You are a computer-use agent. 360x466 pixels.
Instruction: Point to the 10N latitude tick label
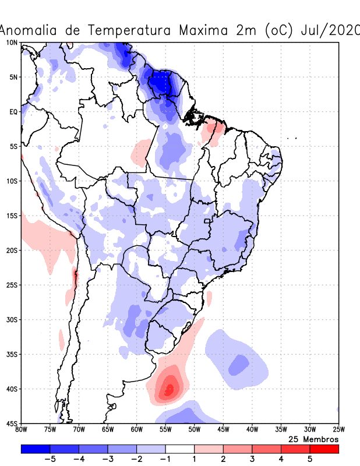click(x=12, y=43)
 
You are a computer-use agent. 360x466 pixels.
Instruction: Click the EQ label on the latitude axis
click(x=13, y=112)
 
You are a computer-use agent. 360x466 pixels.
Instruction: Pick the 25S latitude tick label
click(x=12, y=285)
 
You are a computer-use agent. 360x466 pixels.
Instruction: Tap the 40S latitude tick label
click(x=12, y=389)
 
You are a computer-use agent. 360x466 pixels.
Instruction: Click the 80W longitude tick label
click(x=22, y=430)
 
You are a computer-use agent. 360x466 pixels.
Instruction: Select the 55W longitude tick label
click(x=165, y=430)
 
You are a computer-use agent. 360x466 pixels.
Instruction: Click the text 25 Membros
click(x=313, y=439)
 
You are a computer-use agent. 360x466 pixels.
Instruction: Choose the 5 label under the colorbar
click(x=310, y=459)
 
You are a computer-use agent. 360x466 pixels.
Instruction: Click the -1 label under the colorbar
click(x=165, y=459)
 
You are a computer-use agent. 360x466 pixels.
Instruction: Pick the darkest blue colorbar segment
click(x=35, y=449)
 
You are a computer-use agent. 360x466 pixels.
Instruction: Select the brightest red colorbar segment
click(x=324, y=449)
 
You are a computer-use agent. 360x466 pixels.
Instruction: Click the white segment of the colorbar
click(x=180, y=449)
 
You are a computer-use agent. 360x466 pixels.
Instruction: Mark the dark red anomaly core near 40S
click(x=170, y=388)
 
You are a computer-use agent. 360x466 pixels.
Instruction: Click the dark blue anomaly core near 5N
click(x=160, y=82)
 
